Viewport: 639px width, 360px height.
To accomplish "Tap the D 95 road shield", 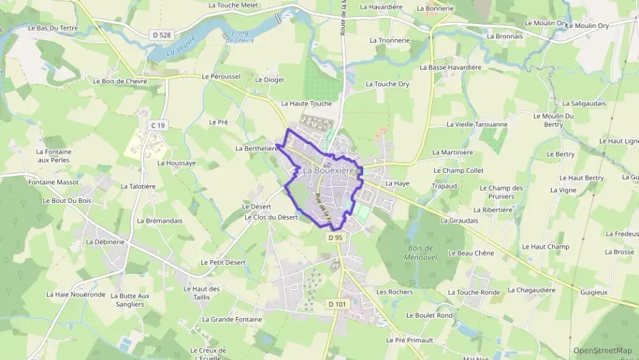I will (x=335, y=238).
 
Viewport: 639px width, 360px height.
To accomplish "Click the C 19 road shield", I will (x=158, y=125).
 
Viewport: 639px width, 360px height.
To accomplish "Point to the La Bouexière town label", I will (x=329, y=170).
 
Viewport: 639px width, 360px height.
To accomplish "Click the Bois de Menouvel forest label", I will (x=421, y=252).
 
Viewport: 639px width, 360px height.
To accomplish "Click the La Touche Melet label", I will (x=233, y=5).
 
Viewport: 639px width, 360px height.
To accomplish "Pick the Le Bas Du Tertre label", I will (x=53, y=28).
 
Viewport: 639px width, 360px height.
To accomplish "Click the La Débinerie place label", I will (x=105, y=242).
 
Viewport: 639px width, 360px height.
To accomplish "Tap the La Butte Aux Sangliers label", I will (x=130, y=300).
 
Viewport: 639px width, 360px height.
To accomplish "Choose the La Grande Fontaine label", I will (x=232, y=319).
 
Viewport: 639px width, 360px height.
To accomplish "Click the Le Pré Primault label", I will (x=410, y=340).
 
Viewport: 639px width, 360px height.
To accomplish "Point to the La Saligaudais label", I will (x=584, y=103).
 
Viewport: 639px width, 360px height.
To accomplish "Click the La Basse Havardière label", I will (x=451, y=68).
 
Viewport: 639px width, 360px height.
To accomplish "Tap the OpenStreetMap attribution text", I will (x=602, y=350).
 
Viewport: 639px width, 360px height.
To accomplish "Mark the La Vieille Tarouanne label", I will (x=477, y=124).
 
